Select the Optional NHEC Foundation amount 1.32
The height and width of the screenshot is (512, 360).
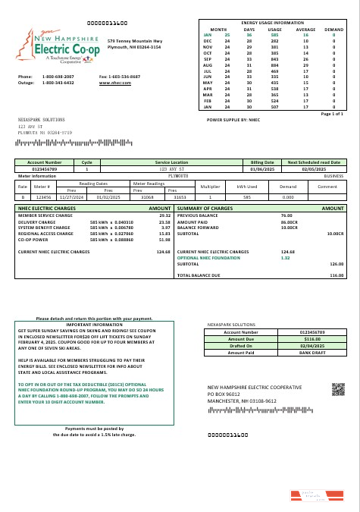click(286, 258)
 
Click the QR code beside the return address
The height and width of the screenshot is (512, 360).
click(338, 390)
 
